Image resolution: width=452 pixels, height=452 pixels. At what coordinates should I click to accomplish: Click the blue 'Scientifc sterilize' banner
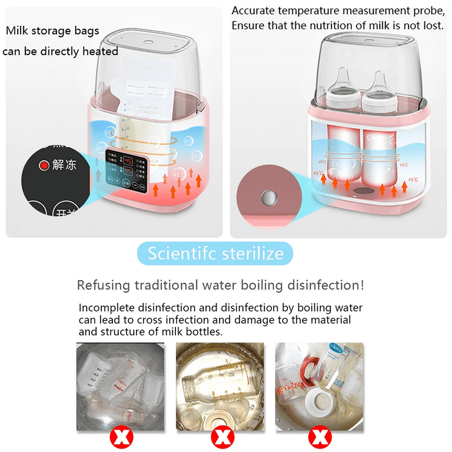tap(215, 254)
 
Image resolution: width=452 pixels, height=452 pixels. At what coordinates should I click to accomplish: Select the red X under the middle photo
tap(222, 436)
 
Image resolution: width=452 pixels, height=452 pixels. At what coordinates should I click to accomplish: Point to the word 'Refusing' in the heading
tap(104, 285)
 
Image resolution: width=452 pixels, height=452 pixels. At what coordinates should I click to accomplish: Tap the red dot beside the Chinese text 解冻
tap(43, 165)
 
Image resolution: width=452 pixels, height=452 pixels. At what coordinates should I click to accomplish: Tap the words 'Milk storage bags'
tap(52, 31)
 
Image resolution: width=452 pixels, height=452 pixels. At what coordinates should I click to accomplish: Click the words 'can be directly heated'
tap(61, 51)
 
